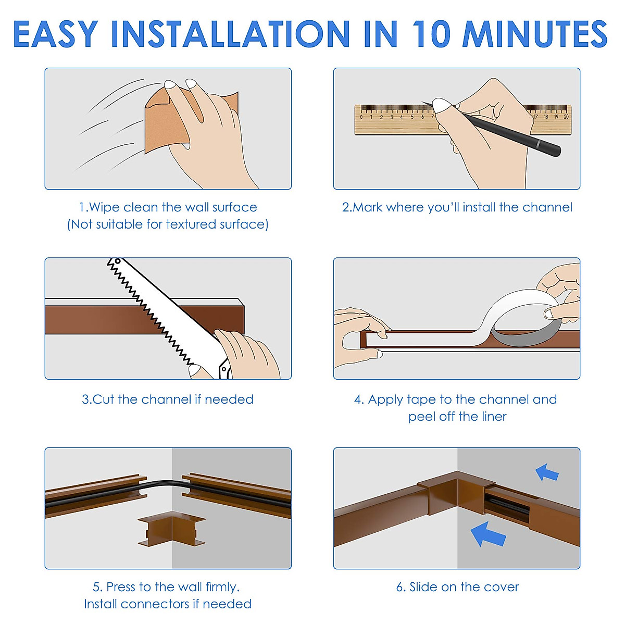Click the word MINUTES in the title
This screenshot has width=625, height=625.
pyautogui.click(x=535, y=34)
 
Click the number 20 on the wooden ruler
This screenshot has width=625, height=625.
pyautogui.click(x=566, y=117)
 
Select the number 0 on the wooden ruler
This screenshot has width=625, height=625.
pyautogui.click(x=361, y=117)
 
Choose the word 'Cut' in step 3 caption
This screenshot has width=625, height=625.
pyautogui.click(x=104, y=399)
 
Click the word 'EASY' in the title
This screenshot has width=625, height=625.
pyautogui.click(x=56, y=34)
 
